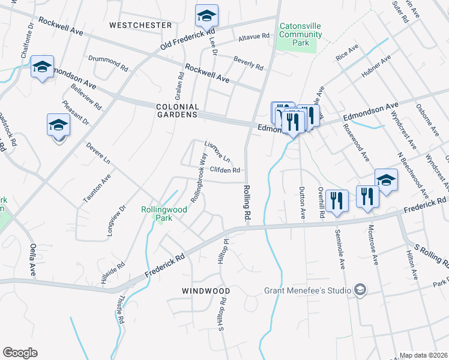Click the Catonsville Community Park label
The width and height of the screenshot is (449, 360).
point(297,35)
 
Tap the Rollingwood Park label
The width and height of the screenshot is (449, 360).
point(164,214)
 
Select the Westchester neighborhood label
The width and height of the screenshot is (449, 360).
point(140,25)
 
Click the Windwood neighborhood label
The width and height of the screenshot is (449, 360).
point(206,290)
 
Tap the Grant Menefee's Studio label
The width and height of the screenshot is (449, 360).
point(306,291)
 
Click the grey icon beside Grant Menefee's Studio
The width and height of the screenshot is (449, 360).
point(360,290)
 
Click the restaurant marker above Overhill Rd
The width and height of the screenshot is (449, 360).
point(337,201)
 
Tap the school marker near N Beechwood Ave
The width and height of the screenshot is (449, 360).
point(386,179)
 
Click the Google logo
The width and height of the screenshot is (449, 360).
point(20,353)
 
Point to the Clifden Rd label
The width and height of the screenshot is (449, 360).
point(225,170)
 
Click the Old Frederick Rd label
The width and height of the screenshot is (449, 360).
point(187,38)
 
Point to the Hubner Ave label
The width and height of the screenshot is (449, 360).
point(376,66)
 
